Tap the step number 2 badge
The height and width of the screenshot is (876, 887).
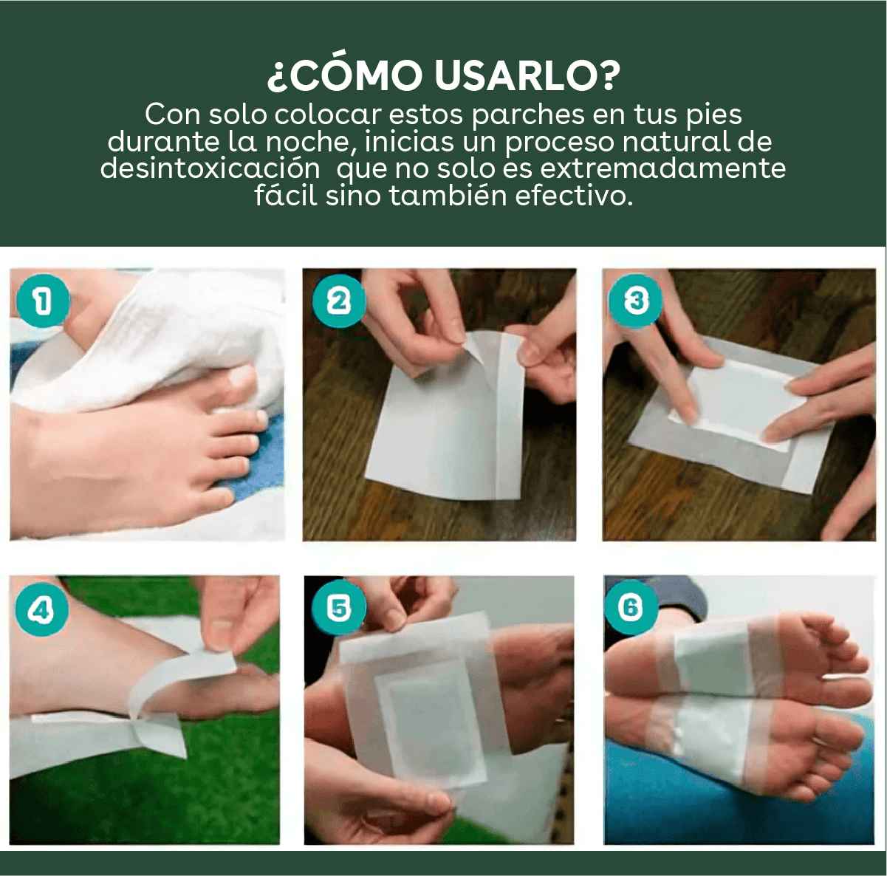tap(338, 301)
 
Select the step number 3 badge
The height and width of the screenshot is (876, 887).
tap(636, 301)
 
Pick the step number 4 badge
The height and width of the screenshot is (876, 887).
tap(41, 611)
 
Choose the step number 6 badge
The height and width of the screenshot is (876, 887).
tap(630, 607)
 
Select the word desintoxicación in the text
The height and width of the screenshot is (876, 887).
tap(210, 168)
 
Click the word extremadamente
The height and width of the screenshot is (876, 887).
tap(662, 168)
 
